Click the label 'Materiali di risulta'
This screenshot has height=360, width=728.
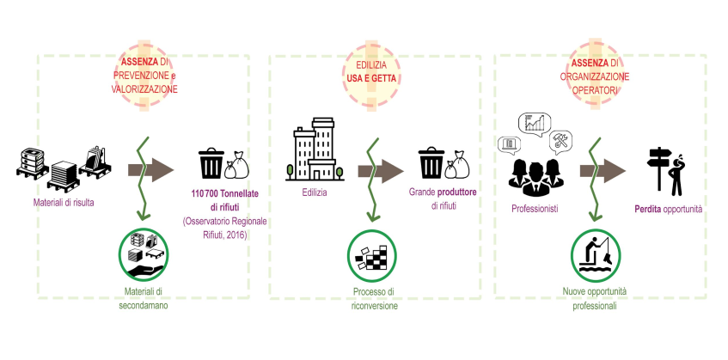tap(64, 202)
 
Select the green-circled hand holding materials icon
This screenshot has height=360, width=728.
tap(144, 254)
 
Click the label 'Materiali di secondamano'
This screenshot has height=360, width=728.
tap(143, 299)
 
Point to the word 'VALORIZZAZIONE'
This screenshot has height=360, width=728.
tap(144, 89)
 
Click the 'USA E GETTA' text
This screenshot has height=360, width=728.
tap(371, 78)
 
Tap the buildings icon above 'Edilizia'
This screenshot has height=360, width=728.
tap(315, 149)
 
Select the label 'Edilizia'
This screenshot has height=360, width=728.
tap(315, 192)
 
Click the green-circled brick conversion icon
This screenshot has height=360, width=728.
tap(372, 254)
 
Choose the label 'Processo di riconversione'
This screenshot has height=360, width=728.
tap(374, 299)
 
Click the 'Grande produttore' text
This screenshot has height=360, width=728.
tap(443, 192)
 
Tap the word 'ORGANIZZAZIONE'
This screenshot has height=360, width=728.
tap(595, 76)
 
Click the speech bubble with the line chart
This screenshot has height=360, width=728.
tap(534, 125)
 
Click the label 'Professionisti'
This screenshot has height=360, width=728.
tap(535, 210)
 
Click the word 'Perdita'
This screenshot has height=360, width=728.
tap(647, 210)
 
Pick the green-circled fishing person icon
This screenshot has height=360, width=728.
tap(596, 254)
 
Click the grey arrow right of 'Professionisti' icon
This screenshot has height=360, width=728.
tap(603, 171)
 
